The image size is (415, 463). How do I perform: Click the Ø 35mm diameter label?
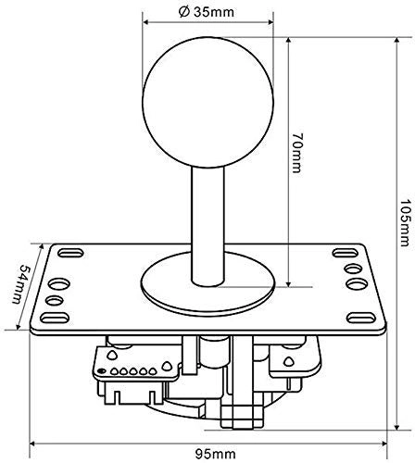point(207,12)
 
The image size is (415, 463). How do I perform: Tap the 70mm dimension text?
point(297,153)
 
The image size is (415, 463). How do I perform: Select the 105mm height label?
point(406,223)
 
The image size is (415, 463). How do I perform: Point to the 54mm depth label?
point(20,284)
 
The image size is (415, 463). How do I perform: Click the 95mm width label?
point(216,454)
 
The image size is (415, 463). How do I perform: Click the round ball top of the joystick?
point(207,103)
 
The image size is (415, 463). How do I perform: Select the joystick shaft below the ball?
point(207,226)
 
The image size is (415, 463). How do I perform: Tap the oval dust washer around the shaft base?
point(207,283)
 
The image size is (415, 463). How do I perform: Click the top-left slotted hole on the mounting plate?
point(70,253)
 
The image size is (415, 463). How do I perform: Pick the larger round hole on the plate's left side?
point(59,283)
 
